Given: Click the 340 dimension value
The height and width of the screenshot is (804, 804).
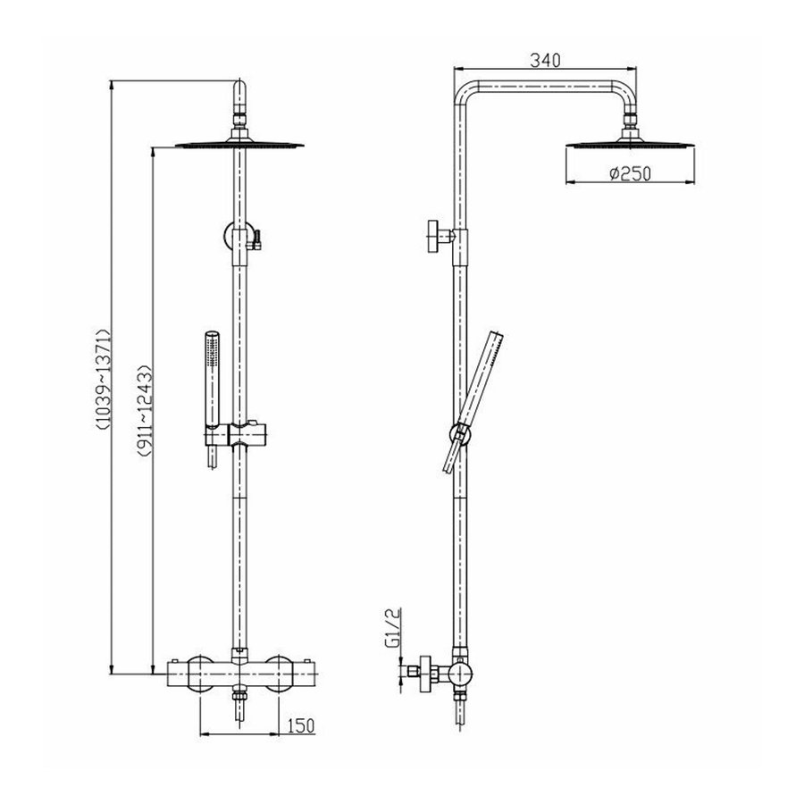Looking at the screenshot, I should tap(544, 61).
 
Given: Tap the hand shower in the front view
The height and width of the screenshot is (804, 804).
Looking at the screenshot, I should tap(211, 384).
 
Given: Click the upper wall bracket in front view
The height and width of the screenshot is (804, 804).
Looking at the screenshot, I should tap(239, 237).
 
